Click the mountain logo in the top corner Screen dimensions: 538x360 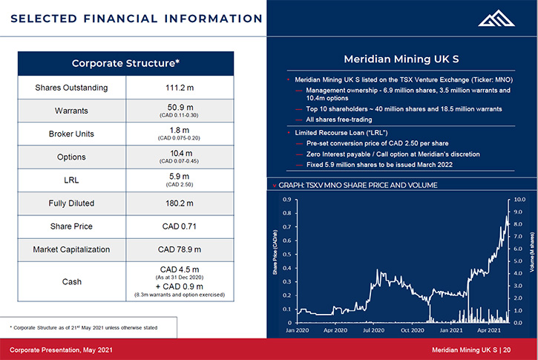point(496,19)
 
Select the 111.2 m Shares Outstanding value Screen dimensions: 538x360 point(180,88)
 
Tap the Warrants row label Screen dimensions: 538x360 point(71,111)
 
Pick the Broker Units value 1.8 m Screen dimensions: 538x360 point(180,131)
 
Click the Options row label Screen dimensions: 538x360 point(71,157)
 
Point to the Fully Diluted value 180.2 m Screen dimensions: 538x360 point(180,203)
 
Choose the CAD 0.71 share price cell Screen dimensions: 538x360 point(180,226)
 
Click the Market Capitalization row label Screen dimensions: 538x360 point(71,249)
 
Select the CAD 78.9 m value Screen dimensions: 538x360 point(180,249)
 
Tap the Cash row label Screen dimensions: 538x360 point(72,282)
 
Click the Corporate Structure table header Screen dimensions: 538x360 point(125,64)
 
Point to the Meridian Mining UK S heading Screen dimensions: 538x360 point(401,59)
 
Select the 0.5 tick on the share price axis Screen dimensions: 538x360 point(287,255)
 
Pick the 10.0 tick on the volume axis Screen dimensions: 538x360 point(519,200)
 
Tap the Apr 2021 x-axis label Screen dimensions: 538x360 point(488,330)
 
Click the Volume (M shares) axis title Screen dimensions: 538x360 point(532,252)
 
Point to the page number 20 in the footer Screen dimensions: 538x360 point(507,350)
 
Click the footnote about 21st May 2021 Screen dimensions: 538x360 point(84,328)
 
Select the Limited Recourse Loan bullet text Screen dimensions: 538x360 point(341,133)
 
